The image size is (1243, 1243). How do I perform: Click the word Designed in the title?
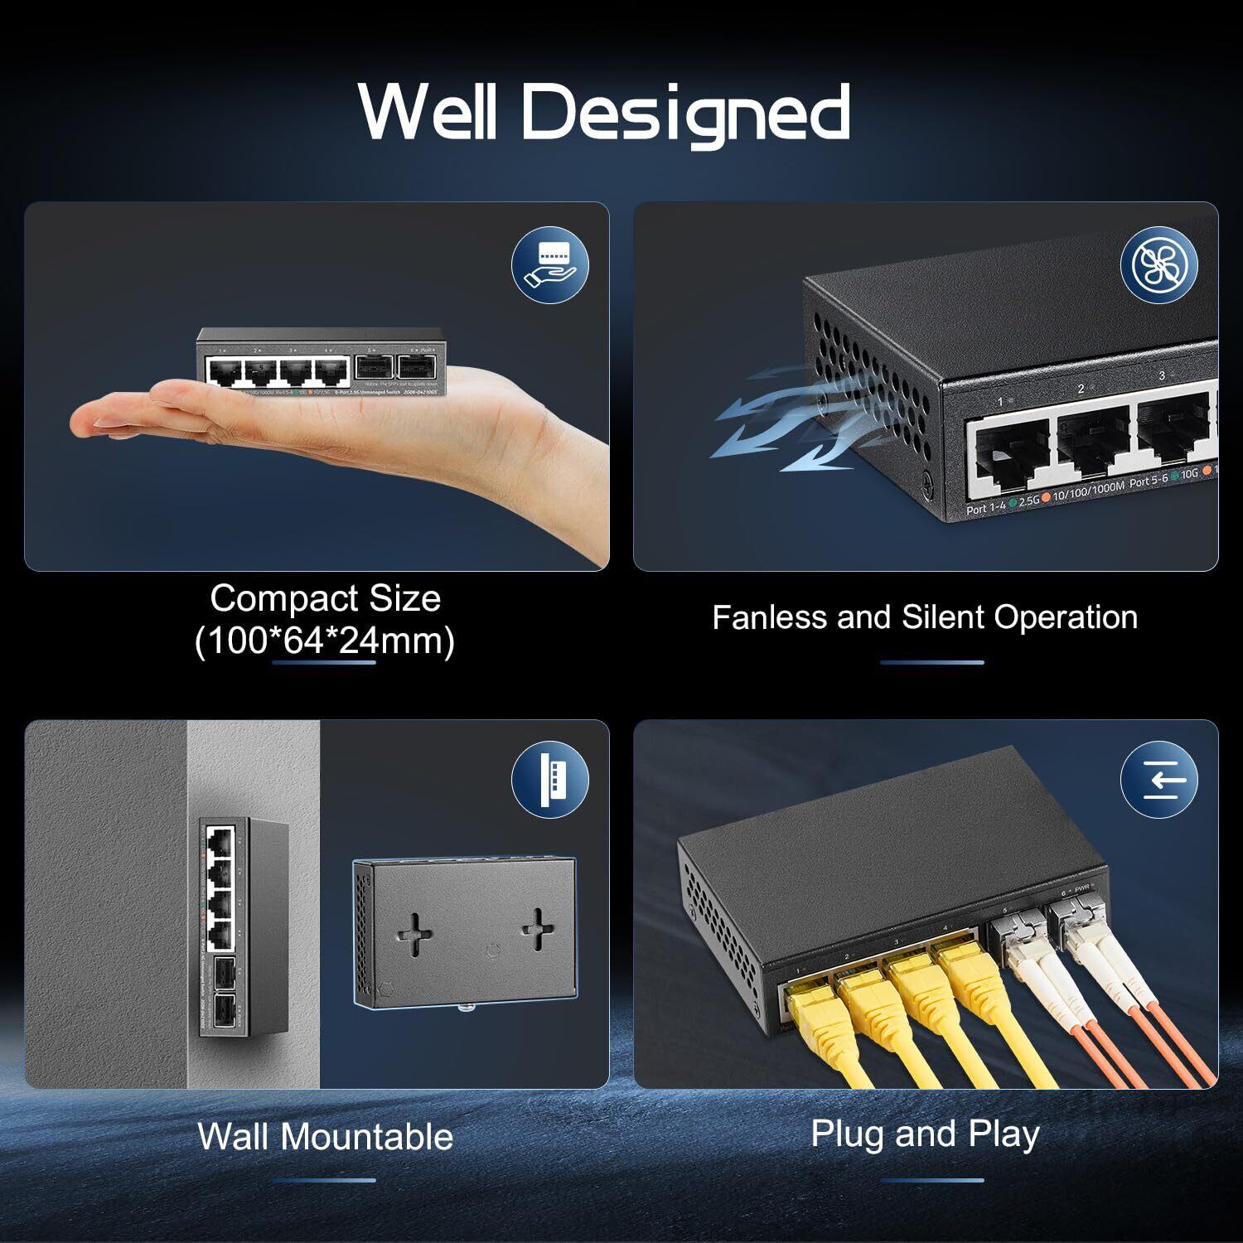685,113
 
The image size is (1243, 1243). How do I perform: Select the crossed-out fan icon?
1158,264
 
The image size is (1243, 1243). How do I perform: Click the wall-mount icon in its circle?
549,780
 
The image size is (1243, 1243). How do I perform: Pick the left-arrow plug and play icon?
1158,780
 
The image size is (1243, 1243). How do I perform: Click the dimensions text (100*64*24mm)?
325,641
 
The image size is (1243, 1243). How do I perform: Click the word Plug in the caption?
849,1133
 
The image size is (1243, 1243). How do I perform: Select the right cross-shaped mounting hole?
537,927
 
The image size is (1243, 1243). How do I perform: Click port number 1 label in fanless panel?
1000,402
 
